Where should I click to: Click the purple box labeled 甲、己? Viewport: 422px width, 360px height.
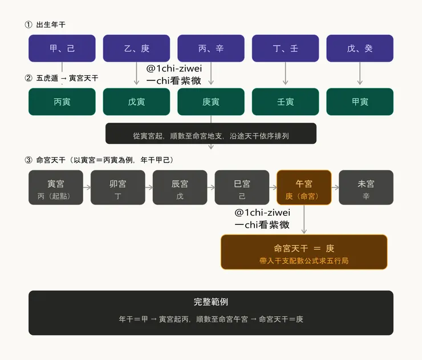pyautogui.click(x=62, y=48)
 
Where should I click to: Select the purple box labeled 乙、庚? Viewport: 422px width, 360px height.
pyautogui.click(x=136, y=48)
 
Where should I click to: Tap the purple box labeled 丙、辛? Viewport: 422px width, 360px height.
pyautogui.click(x=211, y=48)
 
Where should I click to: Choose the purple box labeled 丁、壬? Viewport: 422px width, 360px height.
pyautogui.click(x=285, y=48)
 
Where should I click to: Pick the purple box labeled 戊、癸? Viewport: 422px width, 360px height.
pyautogui.click(x=360, y=48)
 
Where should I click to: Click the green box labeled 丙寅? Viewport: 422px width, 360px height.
pyautogui.click(x=62, y=102)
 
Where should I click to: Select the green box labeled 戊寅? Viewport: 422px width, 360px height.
pyautogui.click(x=136, y=102)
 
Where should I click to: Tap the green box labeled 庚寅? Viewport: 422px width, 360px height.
pyautogui.click(x=211, y=102)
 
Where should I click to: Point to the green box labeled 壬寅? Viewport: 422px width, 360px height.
pyautogui.click(x=285, y=102)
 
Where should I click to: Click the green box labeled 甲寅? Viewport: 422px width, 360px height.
pyautogui.click(x=360, y=102)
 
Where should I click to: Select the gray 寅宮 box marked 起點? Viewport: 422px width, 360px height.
pyautogui.click(x=56, y=188)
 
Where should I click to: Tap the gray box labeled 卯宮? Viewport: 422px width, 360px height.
pyautogui.click(x=118, y=188)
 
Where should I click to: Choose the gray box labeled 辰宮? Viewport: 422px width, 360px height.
pyautogui.click(x=180, y=188)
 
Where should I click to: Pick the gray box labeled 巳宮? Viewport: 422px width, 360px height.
pyautogui.click(x=242, y=188)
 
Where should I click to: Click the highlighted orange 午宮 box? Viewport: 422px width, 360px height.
pyautogui.click(x=304, y=188)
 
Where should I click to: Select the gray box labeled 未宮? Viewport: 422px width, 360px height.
pyautogui.click(x=366, y=188)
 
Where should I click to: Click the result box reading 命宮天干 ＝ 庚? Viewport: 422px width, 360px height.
pyautogui.click(x=304, y=252)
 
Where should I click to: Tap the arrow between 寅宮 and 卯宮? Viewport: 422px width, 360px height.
pyautogui.click(x=87, y=188)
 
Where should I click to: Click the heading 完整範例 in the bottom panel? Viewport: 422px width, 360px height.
pyautogui.click(x=211, y=302)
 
